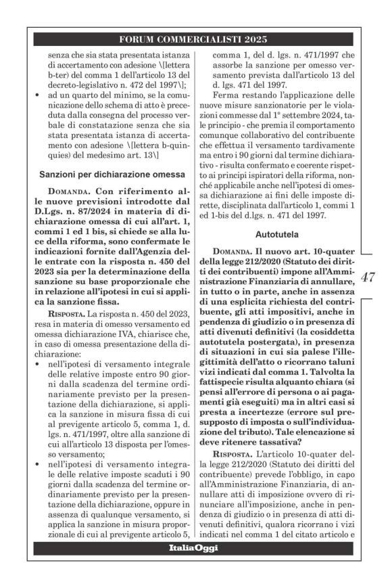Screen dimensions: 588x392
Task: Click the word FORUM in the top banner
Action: click(139, 39)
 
